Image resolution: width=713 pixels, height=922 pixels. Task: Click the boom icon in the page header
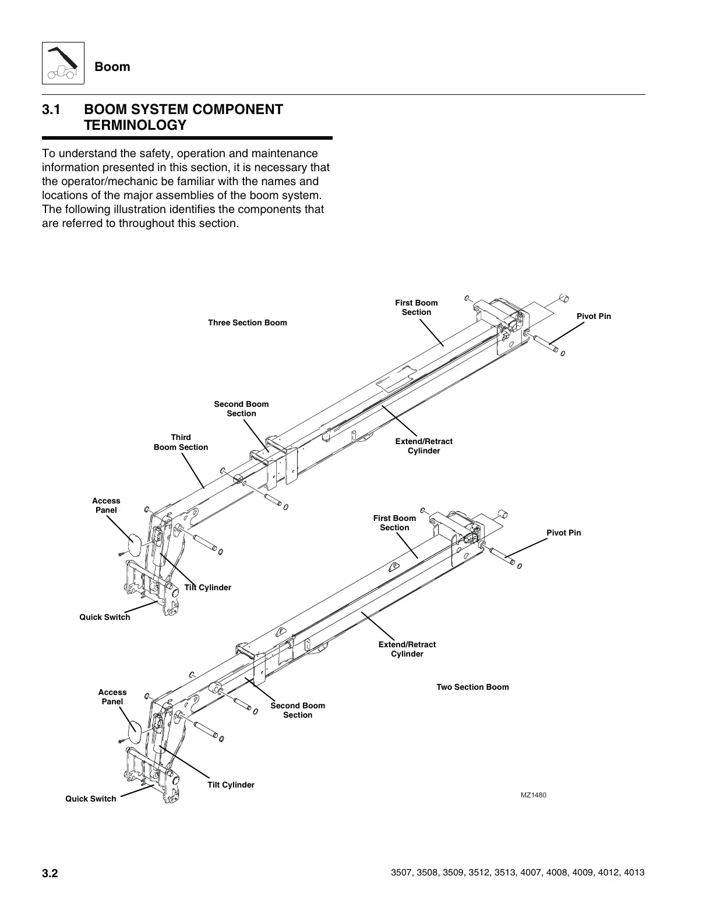pyautogui.click(x=63, y=63)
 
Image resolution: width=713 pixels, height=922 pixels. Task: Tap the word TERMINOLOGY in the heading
pyautogui.click(x=135, y=125)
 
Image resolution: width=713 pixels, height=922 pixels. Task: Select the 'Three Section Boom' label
pyautogui.click(x=248, y=322)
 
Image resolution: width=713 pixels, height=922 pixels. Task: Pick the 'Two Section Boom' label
pyautogui.click(x=472, y=687)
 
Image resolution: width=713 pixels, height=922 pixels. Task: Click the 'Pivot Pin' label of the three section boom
pyautogui.click(x=594, y=316)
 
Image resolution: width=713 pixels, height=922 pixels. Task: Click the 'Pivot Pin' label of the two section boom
pyautogui.click(x=563, y=533)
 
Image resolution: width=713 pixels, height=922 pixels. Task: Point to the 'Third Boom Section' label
pyautogui.click(x=181, y=442)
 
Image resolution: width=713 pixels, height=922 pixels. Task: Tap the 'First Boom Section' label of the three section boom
pyautogui.click(x=416, y=307)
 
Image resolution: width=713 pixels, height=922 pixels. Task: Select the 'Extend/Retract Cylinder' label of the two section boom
pyautogui.click(x=407, y=649)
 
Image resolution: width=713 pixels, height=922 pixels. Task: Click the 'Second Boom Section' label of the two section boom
pyautogui.click(x=298, y=710)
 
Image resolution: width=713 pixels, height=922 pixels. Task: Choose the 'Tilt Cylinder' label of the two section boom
pyautogui.click(x=231, y=785)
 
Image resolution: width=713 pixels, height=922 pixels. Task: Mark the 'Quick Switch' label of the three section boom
pyautogui.click(x=105, y=617)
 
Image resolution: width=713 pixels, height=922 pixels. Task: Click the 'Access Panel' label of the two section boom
pyautogui.click(x=112, y=697)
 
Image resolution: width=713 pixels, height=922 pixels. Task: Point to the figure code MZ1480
pyautogui.click(x=534, y=796)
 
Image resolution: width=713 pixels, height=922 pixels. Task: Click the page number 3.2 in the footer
pyautogui.click(x=50, y=873)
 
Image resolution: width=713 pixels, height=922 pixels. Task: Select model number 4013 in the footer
pyautogui.click(x=634, y=873)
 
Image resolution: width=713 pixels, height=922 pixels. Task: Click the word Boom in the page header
pyautogui.click(x=112, y=66)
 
